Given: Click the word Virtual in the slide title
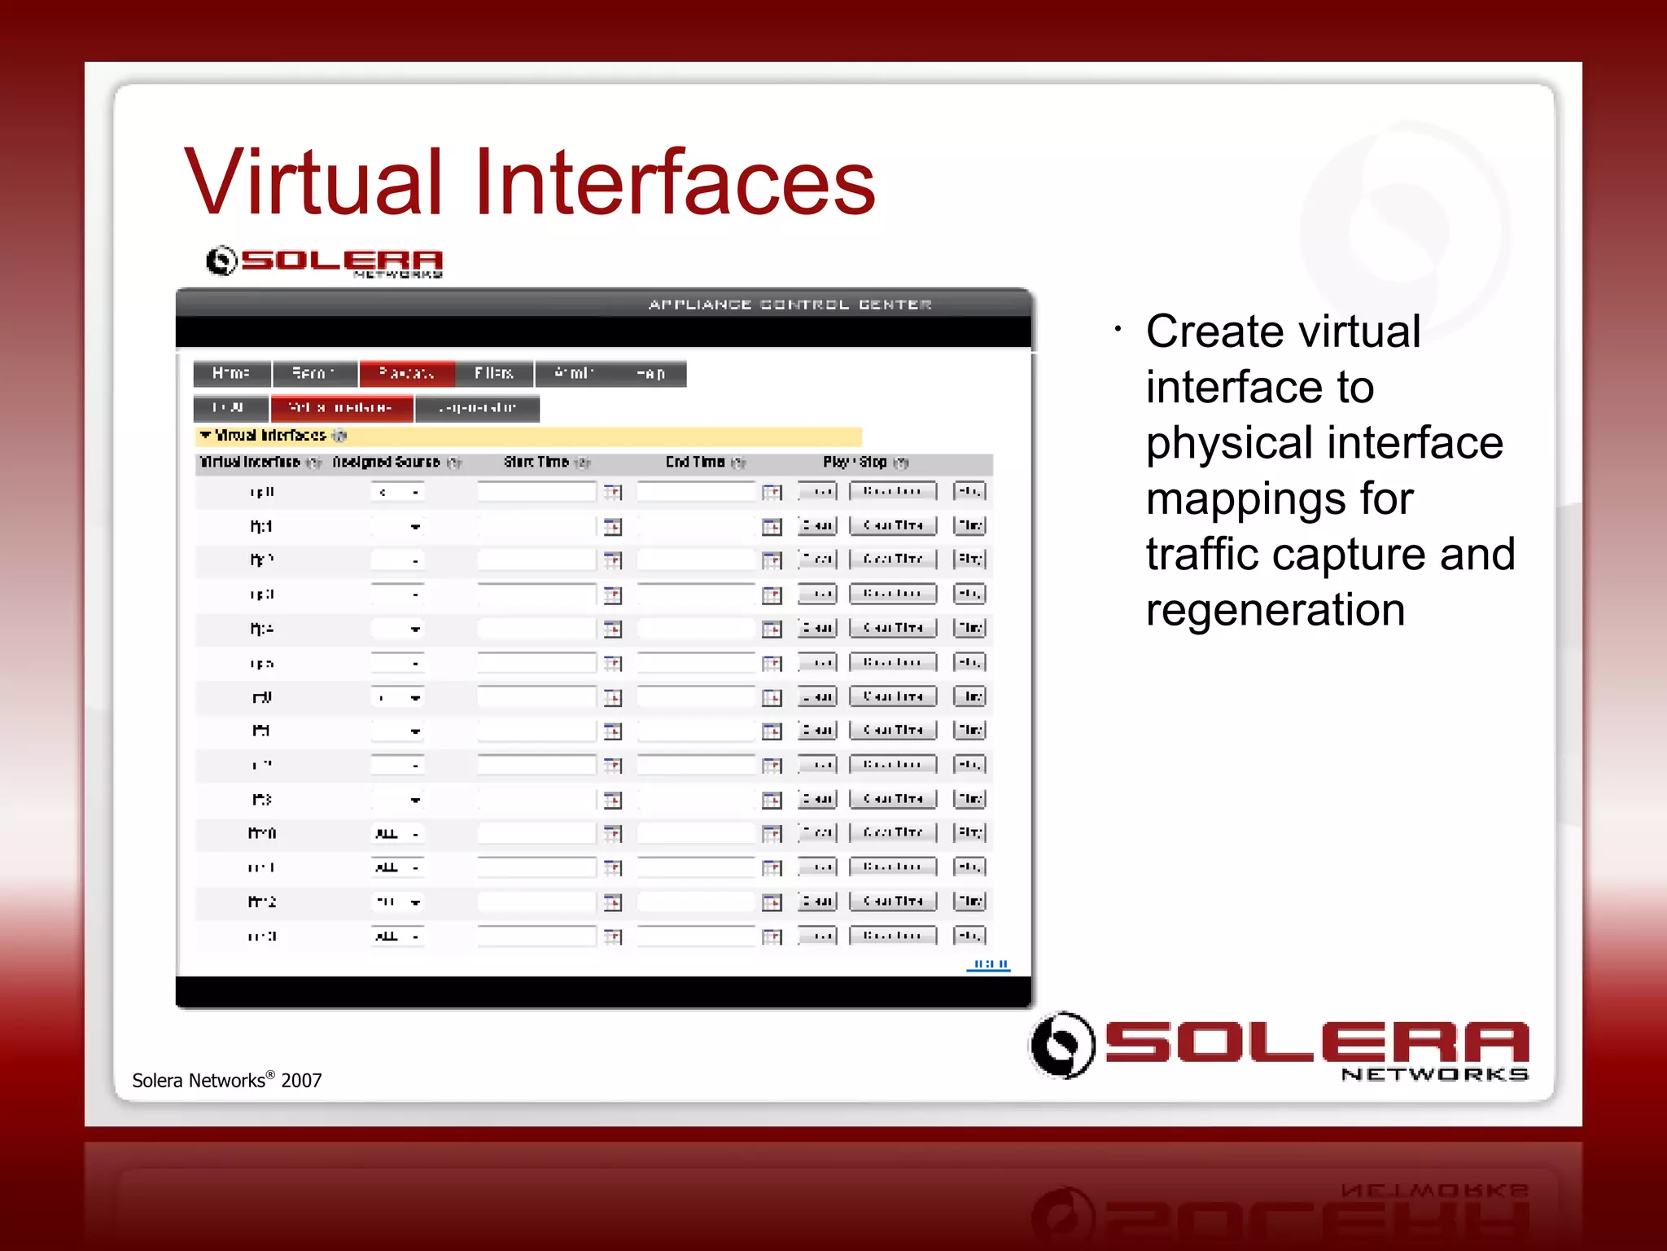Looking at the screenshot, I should [313, 182].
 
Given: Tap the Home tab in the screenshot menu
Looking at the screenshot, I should [231, 374].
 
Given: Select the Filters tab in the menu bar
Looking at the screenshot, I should [493, 374].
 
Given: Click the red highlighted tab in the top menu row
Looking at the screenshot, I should [406, 374].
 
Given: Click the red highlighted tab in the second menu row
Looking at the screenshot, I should [341, 408].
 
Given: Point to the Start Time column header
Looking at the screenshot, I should [536, 463].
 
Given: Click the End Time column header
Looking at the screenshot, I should [695, 463].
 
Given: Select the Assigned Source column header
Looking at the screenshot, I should [387, 463].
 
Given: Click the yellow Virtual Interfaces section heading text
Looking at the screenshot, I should [270, 436].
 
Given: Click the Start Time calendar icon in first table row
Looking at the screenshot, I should [613, 492].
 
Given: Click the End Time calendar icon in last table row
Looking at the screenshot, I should [772, 937].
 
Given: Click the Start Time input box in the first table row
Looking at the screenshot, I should [536, 492].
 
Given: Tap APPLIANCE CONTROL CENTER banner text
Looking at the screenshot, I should [790, 305].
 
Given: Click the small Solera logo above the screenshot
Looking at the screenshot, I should [324, 261].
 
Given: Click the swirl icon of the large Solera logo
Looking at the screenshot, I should [1061, 1045].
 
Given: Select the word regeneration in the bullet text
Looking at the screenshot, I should [1275, 610].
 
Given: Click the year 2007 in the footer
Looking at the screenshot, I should [301, 1081].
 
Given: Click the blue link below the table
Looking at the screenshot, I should [988, 964].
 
